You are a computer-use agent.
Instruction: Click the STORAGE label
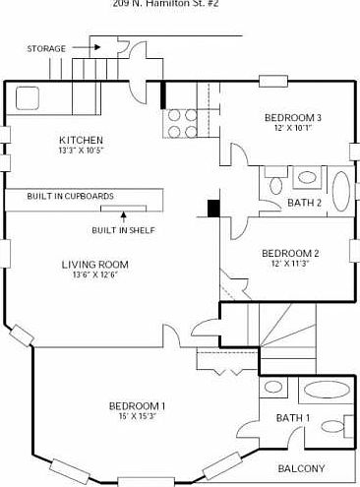tap(46, 48)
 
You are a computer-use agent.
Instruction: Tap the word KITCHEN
tap(80, 140)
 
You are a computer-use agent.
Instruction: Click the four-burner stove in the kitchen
tap(181, 122)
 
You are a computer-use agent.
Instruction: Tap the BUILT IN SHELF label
tap(123, 230)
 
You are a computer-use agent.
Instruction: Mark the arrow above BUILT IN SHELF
tap(123, 216)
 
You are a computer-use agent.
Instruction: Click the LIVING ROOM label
tap(94, 264)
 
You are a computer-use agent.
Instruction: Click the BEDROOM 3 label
tap(292, 118)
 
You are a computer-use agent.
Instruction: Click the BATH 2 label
tap(305, 203)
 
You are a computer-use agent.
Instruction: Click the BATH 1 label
tap(293, 418)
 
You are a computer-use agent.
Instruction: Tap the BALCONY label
tap(301, 468)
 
